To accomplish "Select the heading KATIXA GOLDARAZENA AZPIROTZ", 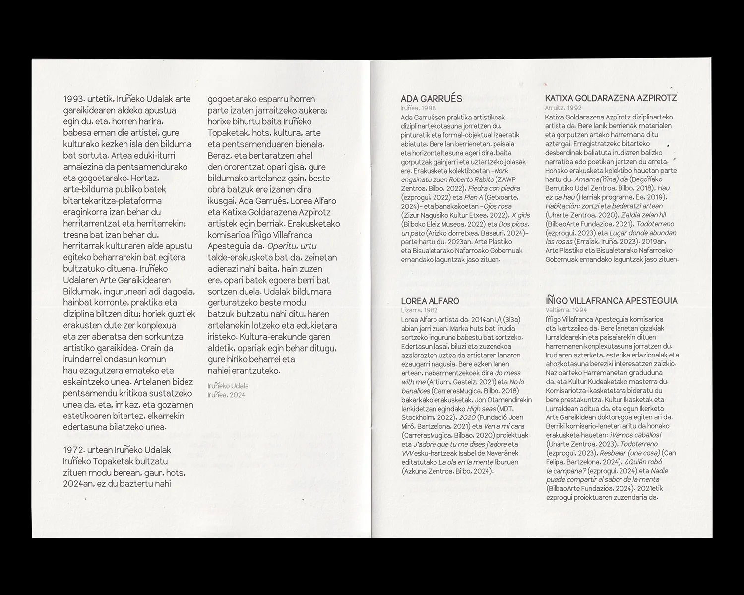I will [611, 98].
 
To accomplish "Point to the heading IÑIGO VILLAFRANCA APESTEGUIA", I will [611, 301].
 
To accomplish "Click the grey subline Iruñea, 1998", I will [418, 108].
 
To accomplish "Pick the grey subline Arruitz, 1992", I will [563, 108].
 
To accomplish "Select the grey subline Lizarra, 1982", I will [419, 310].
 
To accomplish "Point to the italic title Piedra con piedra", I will [495, 188].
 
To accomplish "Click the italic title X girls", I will [521, 215].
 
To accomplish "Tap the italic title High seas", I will [481, 409].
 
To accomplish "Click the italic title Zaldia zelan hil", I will [644, 215].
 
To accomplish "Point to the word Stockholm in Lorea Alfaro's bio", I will [418, 417].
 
